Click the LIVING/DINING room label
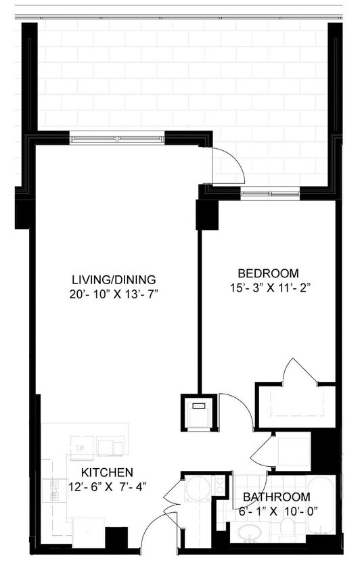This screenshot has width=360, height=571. [x=114, y=279]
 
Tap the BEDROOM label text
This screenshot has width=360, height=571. [x=268, y=273]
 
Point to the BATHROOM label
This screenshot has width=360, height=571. [x=277, y=497]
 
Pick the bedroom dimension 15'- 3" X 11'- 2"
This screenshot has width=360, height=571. [x=268, y=287]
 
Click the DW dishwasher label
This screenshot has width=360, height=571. [x=79, y=447]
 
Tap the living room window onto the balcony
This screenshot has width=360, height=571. [x=118, y=139]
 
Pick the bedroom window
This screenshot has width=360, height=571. [x=270, y=196]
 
